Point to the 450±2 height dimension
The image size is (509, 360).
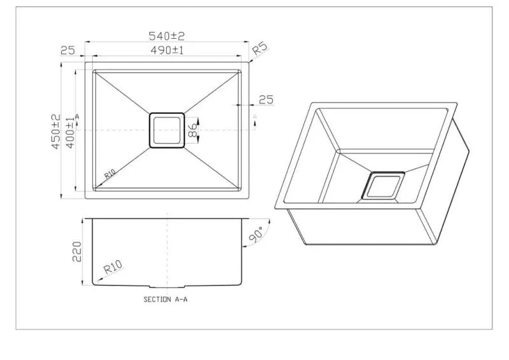tap(56, 132)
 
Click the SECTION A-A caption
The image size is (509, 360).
tap(165, 299)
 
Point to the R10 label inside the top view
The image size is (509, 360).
tap(108, 176)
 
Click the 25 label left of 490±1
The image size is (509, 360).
tap(68, 51)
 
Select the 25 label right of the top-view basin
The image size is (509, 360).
tap(266, 99)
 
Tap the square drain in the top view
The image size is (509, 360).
tap(167, 130)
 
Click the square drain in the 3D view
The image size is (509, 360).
tap(383, 186)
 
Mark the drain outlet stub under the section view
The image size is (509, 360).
tap(167, 284)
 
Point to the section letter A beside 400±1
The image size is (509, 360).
tap(77, 117)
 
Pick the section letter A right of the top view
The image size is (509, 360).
tap(254, 117)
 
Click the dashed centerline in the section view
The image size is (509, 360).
tap(167, 248)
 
